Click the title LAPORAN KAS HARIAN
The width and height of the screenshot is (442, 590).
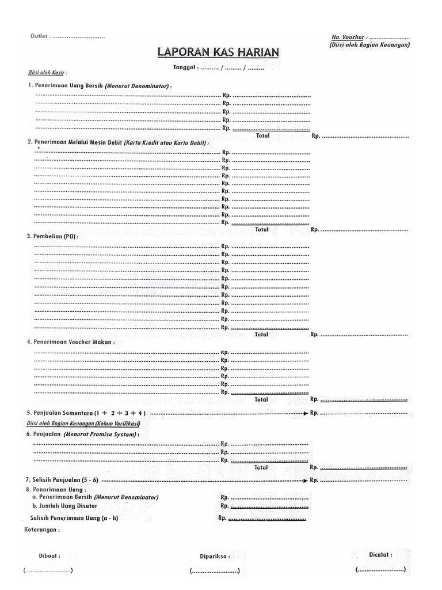[219, 52]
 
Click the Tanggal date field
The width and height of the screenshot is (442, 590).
[219, 68]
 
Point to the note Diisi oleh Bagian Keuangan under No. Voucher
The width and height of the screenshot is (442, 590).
[369, 45]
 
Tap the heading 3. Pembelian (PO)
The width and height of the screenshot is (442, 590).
[52, 236]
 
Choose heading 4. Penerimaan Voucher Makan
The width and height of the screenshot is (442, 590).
[71, 342]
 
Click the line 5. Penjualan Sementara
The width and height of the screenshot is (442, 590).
[86, 413]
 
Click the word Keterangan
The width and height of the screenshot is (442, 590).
[41, 529]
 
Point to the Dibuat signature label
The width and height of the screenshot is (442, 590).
[49, 556]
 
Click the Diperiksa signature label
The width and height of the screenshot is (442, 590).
[215, 557]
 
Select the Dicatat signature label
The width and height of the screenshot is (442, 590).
[380, 554]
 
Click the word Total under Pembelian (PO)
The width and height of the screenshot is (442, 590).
[261, 334]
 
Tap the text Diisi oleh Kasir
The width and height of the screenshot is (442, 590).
[48, 73]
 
